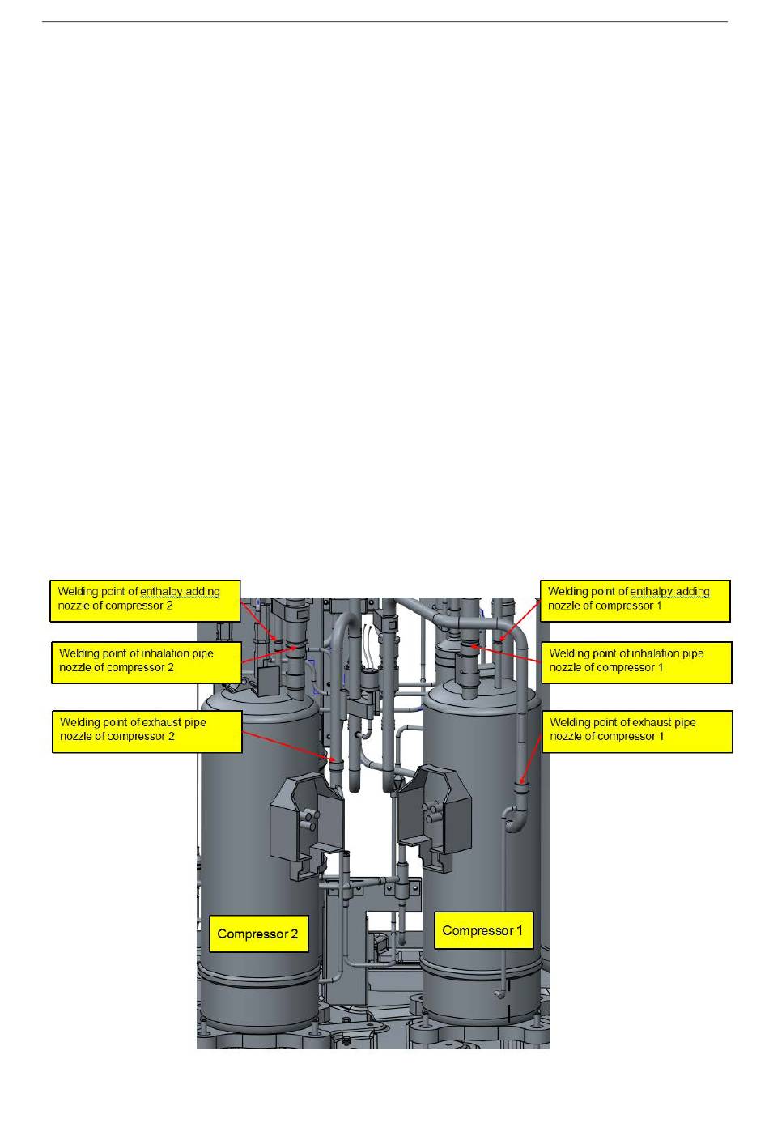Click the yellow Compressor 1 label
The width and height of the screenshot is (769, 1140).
click(482, 930)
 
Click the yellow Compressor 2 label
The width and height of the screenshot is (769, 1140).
click(257, 934)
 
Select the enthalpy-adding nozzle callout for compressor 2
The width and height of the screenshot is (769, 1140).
click(146, 599)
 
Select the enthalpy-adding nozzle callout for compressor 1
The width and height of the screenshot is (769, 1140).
click(635, 599)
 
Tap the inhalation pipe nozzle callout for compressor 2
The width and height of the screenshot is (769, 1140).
click(146, 661)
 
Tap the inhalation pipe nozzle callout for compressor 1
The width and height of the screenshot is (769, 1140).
click(636, 661)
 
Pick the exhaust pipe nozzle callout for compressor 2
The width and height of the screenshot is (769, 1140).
click(147, 730)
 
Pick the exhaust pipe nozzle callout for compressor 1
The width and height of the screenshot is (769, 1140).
click(637, 730)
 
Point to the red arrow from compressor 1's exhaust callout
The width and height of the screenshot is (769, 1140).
click(531, 752)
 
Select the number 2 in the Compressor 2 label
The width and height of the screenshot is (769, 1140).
click(293, 934)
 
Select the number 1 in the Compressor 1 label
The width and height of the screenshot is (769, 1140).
click(519, 930)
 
